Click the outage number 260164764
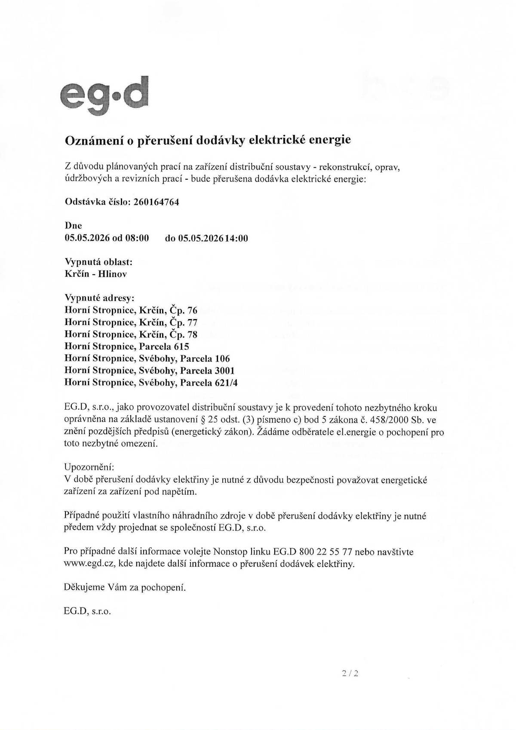pyautogui.click(x=156, y=202)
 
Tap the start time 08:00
pyautogui.click(x=137, y=238)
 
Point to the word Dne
pyautogui.click(x=73, y=226)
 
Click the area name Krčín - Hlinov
pyautogui.click(x=95, y=274)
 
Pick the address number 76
pyautogui.click(x=193, y=310)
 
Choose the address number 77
pyautogui.click(x=193, y=322)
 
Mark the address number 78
pyautogui.click(x=193, y=334)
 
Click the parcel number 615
pyautogui.click(x=181, y=346)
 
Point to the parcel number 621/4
pyautogui.click(x=225, y=382)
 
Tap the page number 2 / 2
pyautogui.click(x=350, y=674)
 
